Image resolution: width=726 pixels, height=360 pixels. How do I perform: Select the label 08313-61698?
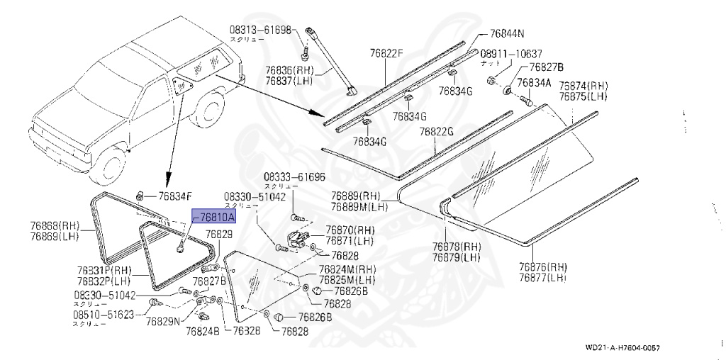tap(260, 30)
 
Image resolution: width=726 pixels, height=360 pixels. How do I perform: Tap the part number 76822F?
tap(386, 52)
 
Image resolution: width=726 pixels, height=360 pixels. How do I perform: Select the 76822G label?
tap(435, 132)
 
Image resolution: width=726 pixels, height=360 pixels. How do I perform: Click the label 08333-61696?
tap(295, 177)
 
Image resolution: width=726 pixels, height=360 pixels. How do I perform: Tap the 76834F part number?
tap(175, 196)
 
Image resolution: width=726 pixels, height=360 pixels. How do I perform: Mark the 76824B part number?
tap(203, 330)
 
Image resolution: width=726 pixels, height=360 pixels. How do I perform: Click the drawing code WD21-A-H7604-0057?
tap(626, 347)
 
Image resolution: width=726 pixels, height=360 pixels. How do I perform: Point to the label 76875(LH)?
tap(583, 96)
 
